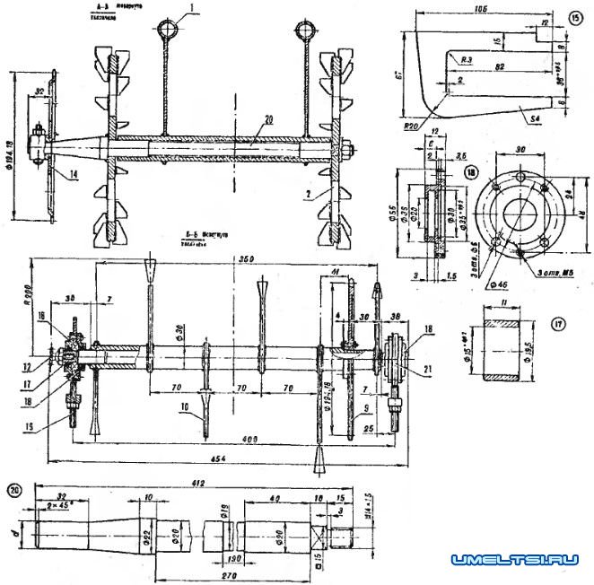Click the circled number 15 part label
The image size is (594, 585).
(575, 16)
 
